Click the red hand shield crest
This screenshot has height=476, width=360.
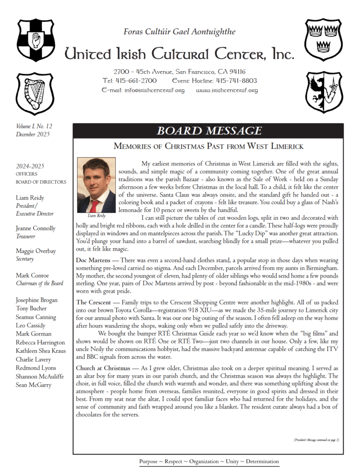click(36, 40)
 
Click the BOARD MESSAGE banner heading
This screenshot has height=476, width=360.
click(209, 131)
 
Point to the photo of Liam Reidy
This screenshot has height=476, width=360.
click(96, 185)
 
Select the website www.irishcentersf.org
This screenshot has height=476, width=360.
click(227, 90)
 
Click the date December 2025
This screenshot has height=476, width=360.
click(33, 134)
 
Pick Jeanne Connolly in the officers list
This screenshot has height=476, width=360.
click(35, 228)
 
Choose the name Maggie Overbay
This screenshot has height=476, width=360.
click(35, 251)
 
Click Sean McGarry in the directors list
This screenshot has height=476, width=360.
click(33, 385)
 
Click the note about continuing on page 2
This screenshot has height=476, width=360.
click(316, 439)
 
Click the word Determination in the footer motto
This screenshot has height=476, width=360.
click(262, 461)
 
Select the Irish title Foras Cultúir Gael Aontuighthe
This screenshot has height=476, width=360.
click(180, 32)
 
